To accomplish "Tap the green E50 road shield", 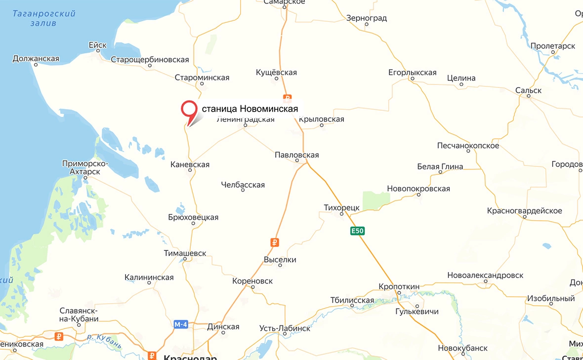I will click(x=357, y=231).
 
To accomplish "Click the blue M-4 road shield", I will click(x=180, y=324).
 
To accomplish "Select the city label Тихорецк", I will click(x=341, y=208).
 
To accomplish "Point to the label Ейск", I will click(x=97, y=45).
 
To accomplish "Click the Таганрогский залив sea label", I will click(x=44, y=18).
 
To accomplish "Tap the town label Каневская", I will click(x=190, y=164).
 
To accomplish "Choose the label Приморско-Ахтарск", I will click(x=81, y=167).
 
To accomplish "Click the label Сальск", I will click(x=528, y=90).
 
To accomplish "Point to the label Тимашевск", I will click(x=185, y=253).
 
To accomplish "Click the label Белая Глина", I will click(x=440, y=166).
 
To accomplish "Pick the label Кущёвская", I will click(x=276, y=73).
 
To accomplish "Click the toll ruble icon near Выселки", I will click(x=275, y=242).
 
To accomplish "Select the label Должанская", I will click(x=36, y=59).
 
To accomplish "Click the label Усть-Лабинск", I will click(x=285, y=328).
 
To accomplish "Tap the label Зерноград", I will click(x=366, y=18).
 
